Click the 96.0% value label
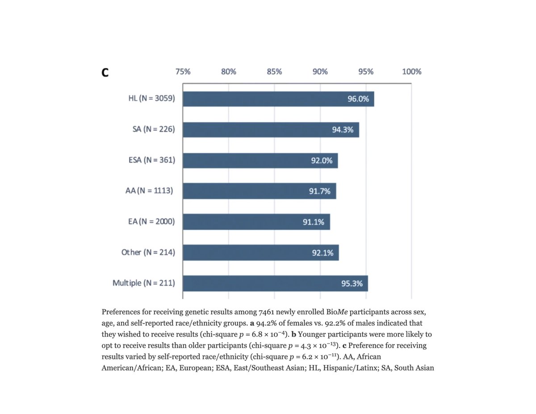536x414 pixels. (358, 99)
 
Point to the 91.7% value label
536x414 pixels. (319, 191)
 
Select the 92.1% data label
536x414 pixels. (322, 253)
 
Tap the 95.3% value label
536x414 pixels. (352, 283)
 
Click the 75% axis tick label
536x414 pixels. (183, 71)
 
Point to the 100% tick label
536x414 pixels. (411, 71)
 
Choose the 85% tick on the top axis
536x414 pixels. (274, 71)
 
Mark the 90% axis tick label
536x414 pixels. (320, 71)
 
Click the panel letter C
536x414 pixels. (105, 73)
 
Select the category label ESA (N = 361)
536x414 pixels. (149, 160)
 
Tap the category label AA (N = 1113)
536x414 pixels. (148, 191)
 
